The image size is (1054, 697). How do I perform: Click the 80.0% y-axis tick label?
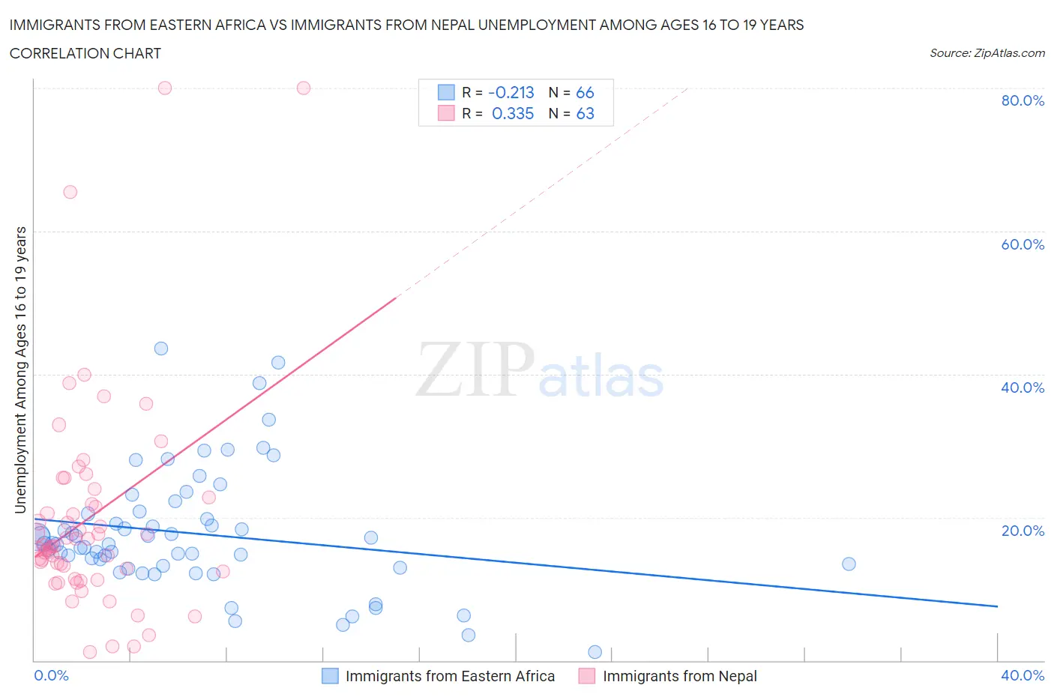coord(1022,100)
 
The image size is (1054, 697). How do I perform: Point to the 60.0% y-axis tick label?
coord(1022,244)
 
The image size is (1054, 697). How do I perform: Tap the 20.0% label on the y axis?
coord(1022,531)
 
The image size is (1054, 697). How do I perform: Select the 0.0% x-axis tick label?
coord(51,675)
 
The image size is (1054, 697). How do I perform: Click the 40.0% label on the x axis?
coord(1022,675)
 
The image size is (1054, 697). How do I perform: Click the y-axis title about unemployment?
coord(21,369)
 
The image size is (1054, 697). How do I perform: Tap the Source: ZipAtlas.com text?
coord(987,53)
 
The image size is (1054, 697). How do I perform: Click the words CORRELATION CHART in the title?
coord(85,53)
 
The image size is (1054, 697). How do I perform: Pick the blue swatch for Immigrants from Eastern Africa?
coord(330,676)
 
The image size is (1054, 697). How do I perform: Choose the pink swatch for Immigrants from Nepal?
coord(587,676)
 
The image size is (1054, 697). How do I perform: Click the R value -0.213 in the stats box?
coord(511,92)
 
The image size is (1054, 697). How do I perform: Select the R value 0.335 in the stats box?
coord(513,113)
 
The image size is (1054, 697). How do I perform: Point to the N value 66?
coord(585,92)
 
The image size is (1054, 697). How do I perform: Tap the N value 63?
coord(585,113)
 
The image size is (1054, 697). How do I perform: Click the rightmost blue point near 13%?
coord(849,564)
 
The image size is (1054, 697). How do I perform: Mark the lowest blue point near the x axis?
coord(595,652)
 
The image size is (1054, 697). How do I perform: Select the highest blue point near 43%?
coord(161,348)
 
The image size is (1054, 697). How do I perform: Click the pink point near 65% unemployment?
coord(70,192)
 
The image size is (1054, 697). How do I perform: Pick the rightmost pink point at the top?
coord(304,88)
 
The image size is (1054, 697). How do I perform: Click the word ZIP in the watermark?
coord(475,369)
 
